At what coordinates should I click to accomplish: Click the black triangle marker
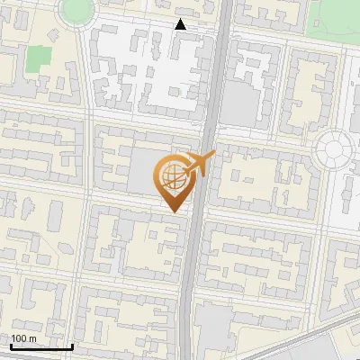pyautogui.click(x=181, y=24)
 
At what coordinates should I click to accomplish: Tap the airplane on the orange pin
pyautogui.click(x=199, y=165)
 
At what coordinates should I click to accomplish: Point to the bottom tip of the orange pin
pyautogui.click(x=174, y=211)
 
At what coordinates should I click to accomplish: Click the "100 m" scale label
pyautogui.click(x=24, y=338)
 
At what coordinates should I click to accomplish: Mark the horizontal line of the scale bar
pyautogui.click(x=41, y=346)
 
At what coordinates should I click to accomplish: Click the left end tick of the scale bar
pyautogui.click(x=11, y=346)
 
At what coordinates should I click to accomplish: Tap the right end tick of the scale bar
pyautogui.click(x=72, y=346)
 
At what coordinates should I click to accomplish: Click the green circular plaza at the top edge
pyautogui.click(x=76, y=9)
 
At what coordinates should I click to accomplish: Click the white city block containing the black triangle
pyautogui.click(x=148, y=67)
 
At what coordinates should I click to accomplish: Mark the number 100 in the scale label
pyautogui.click(x=19, y=338)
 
